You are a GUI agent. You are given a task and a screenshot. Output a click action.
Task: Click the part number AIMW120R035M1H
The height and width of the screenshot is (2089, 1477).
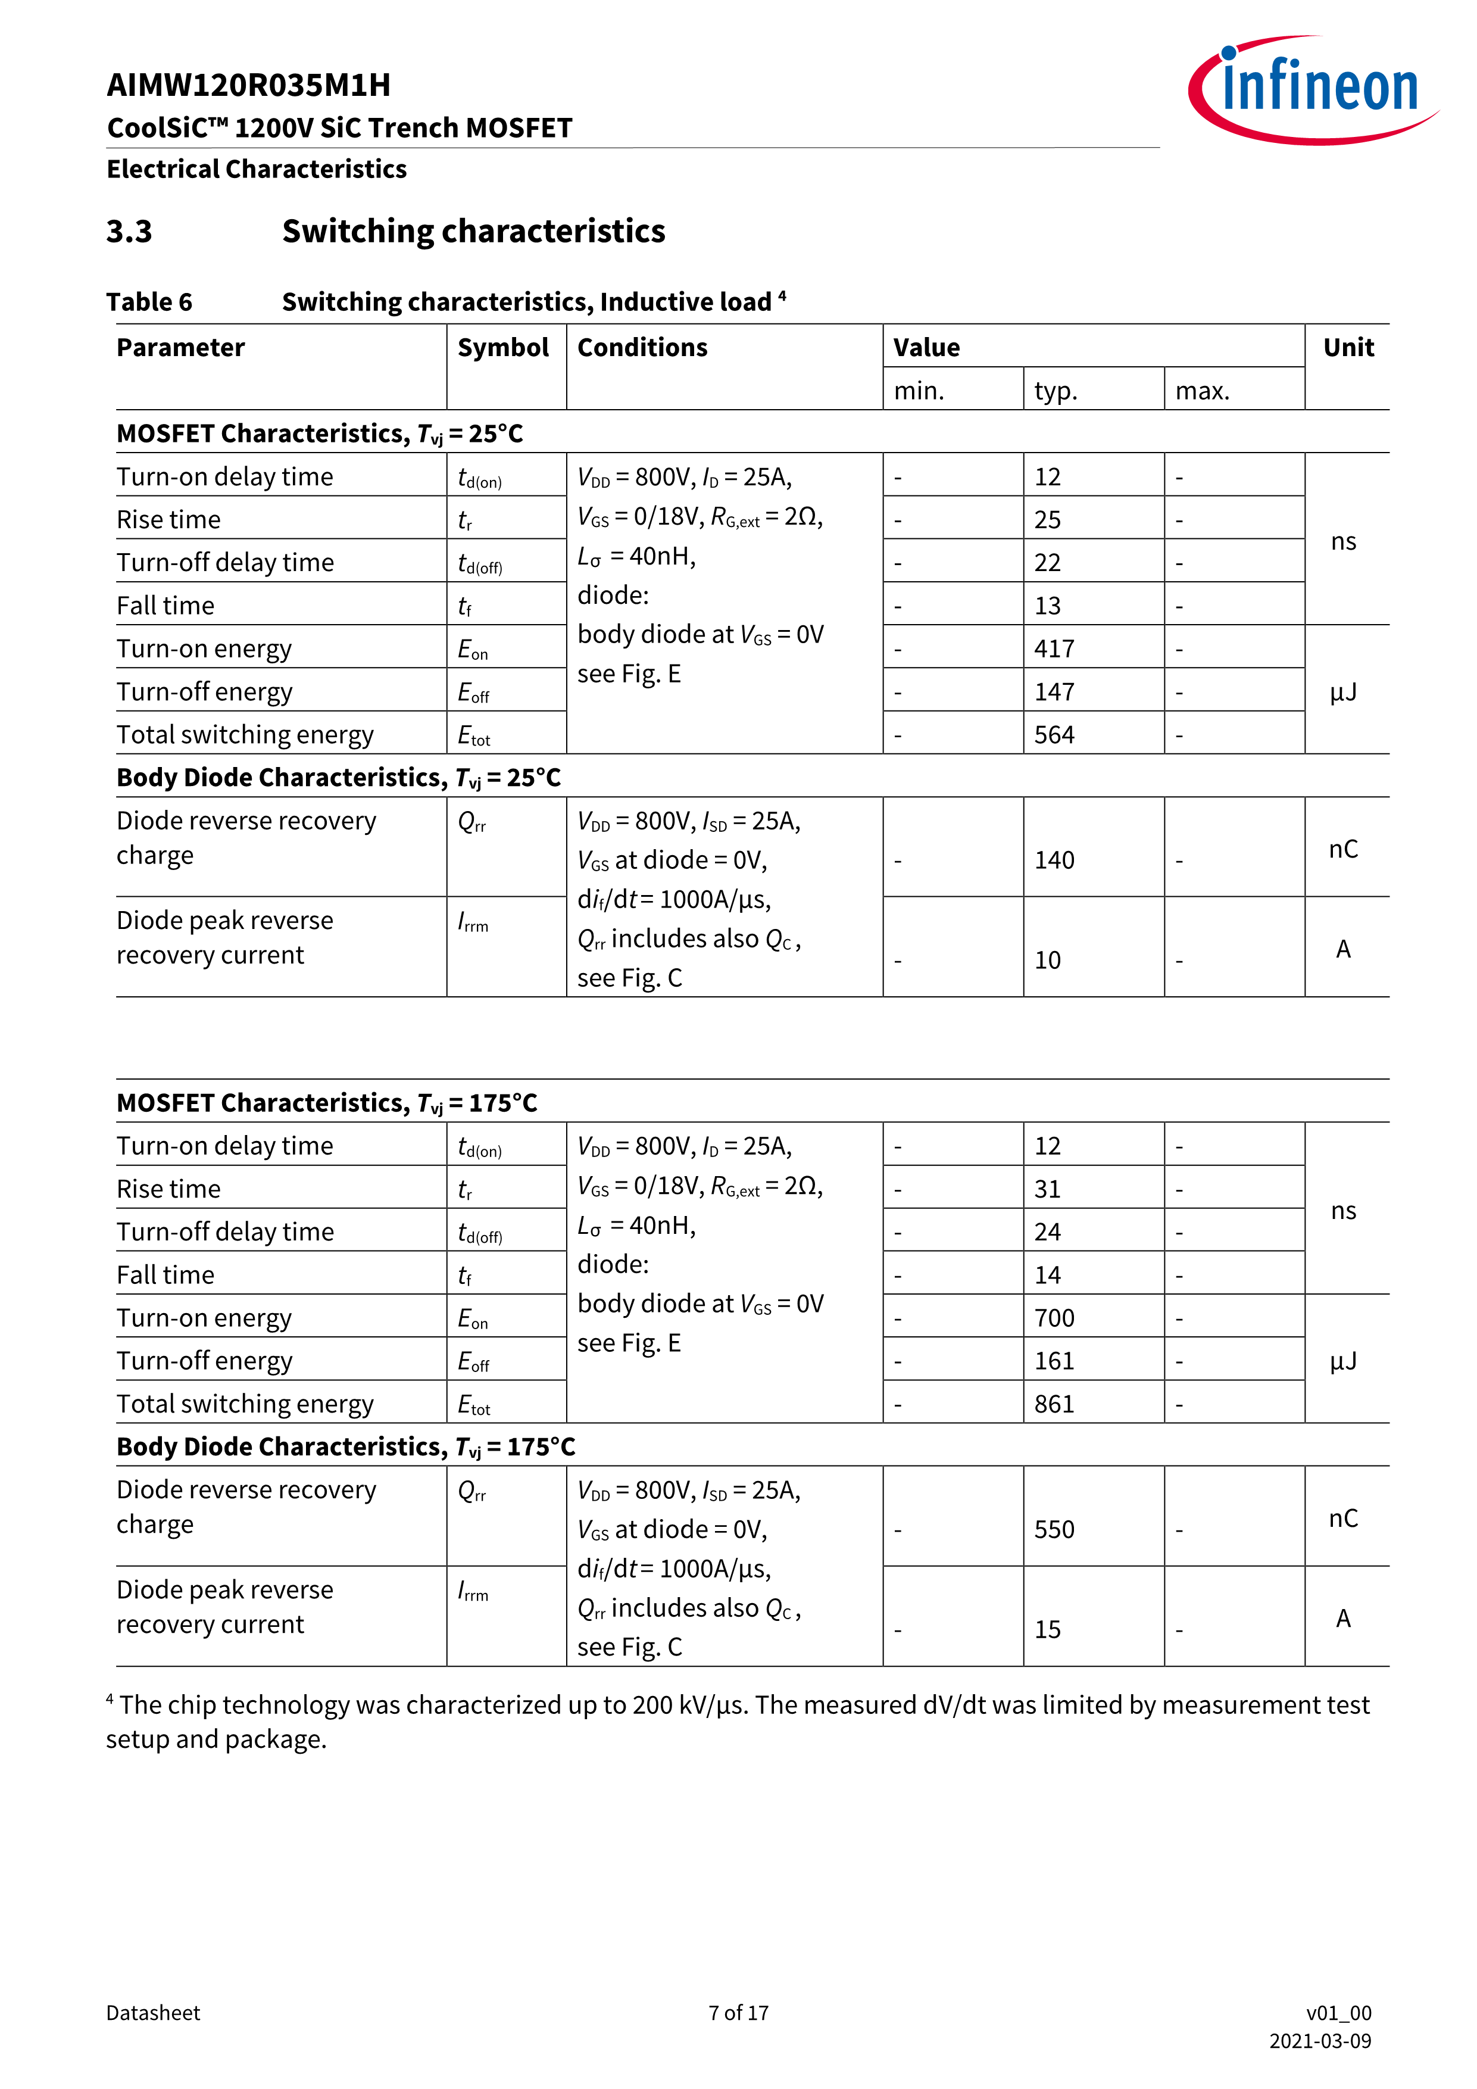(248, 86)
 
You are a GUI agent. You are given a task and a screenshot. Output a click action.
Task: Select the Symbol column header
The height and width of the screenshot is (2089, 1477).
(503, 348)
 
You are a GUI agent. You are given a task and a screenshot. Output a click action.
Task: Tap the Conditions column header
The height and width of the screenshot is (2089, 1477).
(642, 348)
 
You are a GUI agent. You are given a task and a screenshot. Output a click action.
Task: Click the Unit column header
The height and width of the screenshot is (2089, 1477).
(1348, 348)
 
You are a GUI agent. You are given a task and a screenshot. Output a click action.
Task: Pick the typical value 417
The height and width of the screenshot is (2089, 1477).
(1054, 648)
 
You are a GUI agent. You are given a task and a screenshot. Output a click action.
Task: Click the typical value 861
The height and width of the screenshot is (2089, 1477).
(1054, 1404)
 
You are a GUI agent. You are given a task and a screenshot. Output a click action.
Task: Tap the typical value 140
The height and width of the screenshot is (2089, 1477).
(1054, 860)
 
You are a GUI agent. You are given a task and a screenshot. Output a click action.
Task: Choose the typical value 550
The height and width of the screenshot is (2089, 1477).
(1054, 1529)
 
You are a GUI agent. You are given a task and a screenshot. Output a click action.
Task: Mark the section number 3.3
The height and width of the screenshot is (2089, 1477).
(129, 231)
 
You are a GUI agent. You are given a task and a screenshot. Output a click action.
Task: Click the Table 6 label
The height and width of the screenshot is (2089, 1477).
(149, 302)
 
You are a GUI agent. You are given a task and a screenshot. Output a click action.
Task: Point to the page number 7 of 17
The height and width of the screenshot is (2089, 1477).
(738, 2013)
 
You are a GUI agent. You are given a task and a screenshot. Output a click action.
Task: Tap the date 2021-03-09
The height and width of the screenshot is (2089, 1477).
(1320, 2041)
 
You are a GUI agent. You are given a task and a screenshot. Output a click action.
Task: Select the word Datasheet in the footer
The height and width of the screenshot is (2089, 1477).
(153, 2013)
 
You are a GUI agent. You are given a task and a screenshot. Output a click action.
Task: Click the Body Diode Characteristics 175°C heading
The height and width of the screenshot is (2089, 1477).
(346, 1446)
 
